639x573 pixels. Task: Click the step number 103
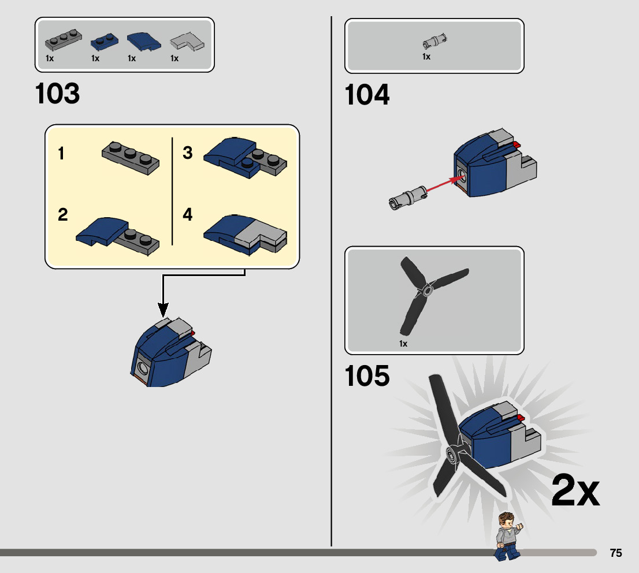tap(58, 94)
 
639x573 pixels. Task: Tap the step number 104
tap(367, 95)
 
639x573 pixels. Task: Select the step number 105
tap(367, 376)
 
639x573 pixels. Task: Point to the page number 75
tap(616, 553)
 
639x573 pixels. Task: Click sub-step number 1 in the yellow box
tap(61, 154)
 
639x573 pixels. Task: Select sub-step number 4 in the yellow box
tap(187, 215)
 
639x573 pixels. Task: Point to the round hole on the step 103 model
tap(142, 367)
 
